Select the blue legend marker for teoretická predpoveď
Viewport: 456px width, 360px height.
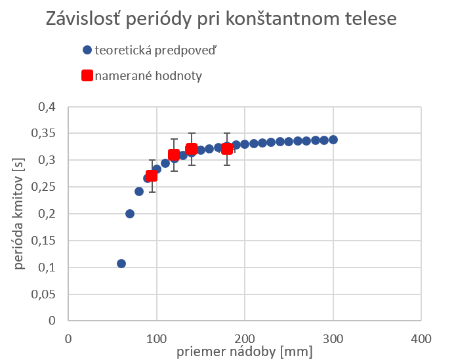(x=87, y=50)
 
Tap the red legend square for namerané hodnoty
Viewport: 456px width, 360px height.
(x=87, y=75)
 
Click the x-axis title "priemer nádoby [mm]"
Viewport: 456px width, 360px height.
(x=244, y=351)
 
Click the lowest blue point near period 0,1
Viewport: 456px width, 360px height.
(x=121, y=264)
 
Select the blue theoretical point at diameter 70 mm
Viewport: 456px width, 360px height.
(x=130, y=214)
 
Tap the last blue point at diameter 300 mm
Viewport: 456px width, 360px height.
(x=333, y=140)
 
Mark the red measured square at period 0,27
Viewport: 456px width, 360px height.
(x=152, y=176)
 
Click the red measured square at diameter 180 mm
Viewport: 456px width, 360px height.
(x=227, y=149)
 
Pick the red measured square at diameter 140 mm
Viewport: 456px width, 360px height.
(x=192, y=149)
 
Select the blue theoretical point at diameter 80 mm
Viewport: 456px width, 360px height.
(x=139, y=191)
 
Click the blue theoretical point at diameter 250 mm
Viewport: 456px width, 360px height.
(x=289, y=142)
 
